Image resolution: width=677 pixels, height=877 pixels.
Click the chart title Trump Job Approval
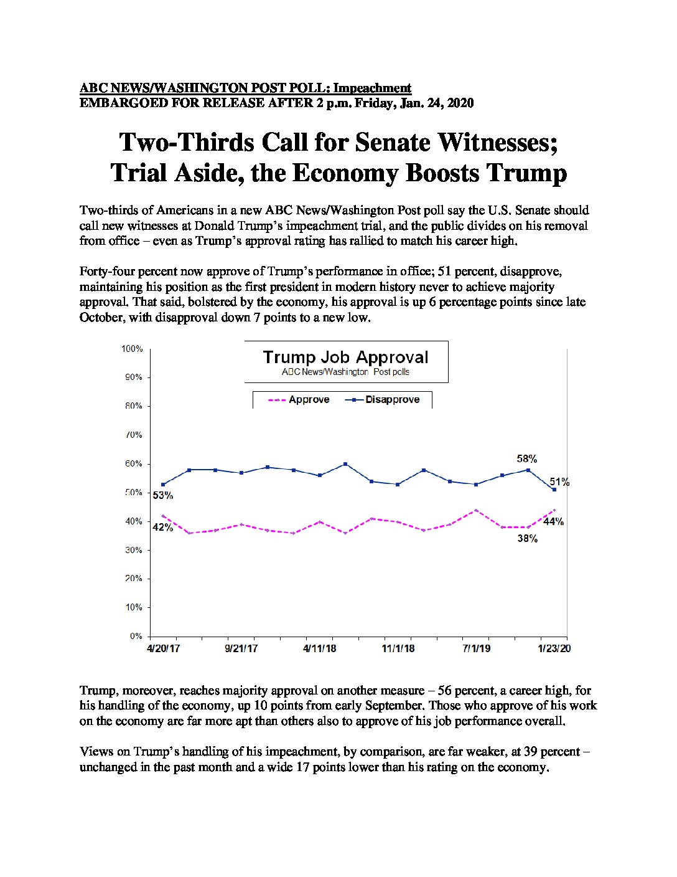[345, 357]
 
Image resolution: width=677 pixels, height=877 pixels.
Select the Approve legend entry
[299, 399]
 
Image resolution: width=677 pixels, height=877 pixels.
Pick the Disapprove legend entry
[382, 399]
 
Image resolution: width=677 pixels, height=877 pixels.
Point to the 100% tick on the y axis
[133, 349]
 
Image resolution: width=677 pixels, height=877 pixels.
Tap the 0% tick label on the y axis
[136, 636]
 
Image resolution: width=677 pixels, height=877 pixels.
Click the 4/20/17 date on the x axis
[163, 648]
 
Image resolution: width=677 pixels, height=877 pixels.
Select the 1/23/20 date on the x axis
[555, 648]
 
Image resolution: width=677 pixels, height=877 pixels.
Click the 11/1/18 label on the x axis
[398, 648]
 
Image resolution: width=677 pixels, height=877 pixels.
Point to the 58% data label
[527, 459]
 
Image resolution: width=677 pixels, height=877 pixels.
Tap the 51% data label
[559, 482]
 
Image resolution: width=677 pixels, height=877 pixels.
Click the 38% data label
[528, 539]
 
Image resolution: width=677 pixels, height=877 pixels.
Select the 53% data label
[163, 496]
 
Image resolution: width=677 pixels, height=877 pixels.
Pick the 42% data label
[163, 527]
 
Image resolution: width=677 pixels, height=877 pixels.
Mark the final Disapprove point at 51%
[554, 490]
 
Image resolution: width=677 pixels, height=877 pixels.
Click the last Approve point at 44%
[554, 510]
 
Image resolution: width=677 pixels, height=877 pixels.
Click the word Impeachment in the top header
[372, 88]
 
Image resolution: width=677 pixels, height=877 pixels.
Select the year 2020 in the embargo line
[460, 103]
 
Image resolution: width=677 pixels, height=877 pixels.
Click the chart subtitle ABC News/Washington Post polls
[345, 372]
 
